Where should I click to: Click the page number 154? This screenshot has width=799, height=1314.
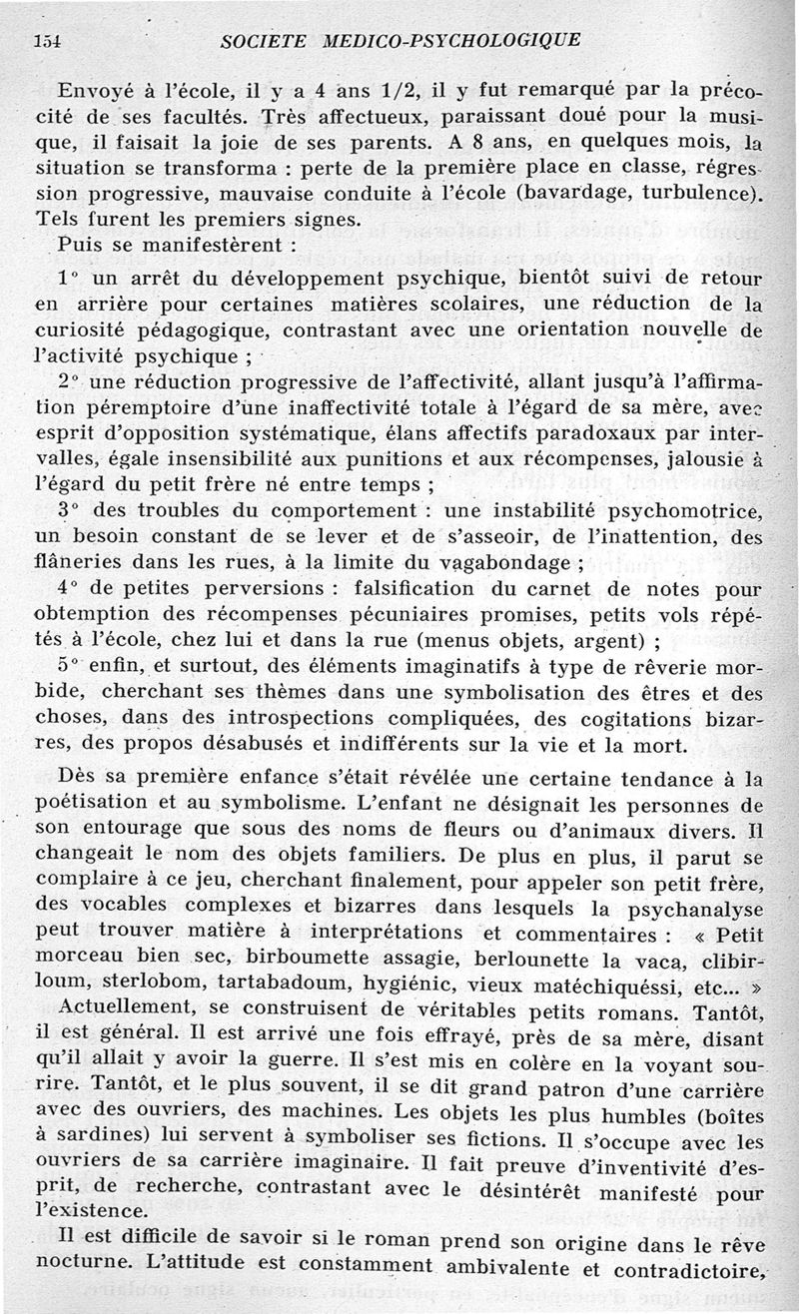pos(47,40)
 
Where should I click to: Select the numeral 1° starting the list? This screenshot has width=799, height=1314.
pos(68,276)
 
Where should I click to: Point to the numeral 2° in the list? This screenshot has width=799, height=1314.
pos(68,381)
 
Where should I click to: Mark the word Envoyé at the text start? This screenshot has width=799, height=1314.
pos(97,87)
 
